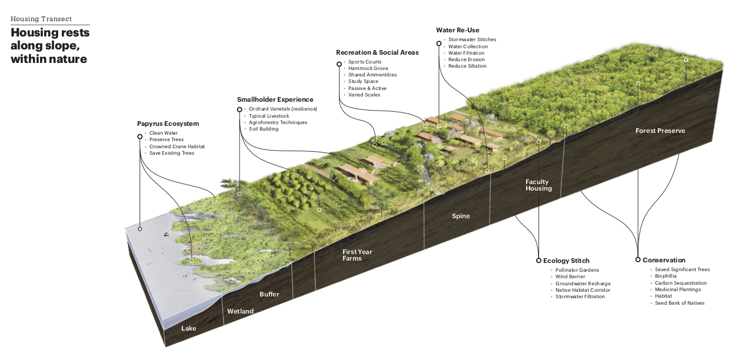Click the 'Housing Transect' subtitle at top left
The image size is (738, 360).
(x=41, y=19)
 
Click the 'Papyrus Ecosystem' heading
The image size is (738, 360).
(x=168, y=124)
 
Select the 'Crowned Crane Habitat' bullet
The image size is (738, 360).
(x=177, y=146)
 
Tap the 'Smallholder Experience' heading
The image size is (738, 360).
(x=275, y=99)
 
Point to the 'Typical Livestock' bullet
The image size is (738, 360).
(x=269, y=116)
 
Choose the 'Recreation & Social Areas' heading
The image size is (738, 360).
(x=377, y=52)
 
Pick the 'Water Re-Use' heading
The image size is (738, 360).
(x=457, y=30)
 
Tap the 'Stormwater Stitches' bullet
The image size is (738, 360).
(x=472, y=40)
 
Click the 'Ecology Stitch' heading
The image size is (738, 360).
(x=566, y=261)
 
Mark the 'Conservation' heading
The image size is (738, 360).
(x=664, y=260)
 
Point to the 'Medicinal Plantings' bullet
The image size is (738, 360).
(x=677, y=289)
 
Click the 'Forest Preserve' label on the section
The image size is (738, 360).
(x=660, y=131)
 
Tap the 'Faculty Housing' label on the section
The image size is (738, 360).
(x=538, y=185)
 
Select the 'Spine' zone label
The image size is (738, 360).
(x=461, y=216)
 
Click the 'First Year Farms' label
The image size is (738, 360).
(x=357, y=255)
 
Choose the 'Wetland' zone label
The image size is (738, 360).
(x=240, y=311)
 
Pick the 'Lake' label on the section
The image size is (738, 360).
(x=188, y=328)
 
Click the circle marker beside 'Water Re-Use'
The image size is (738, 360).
(x=439, y=43)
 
